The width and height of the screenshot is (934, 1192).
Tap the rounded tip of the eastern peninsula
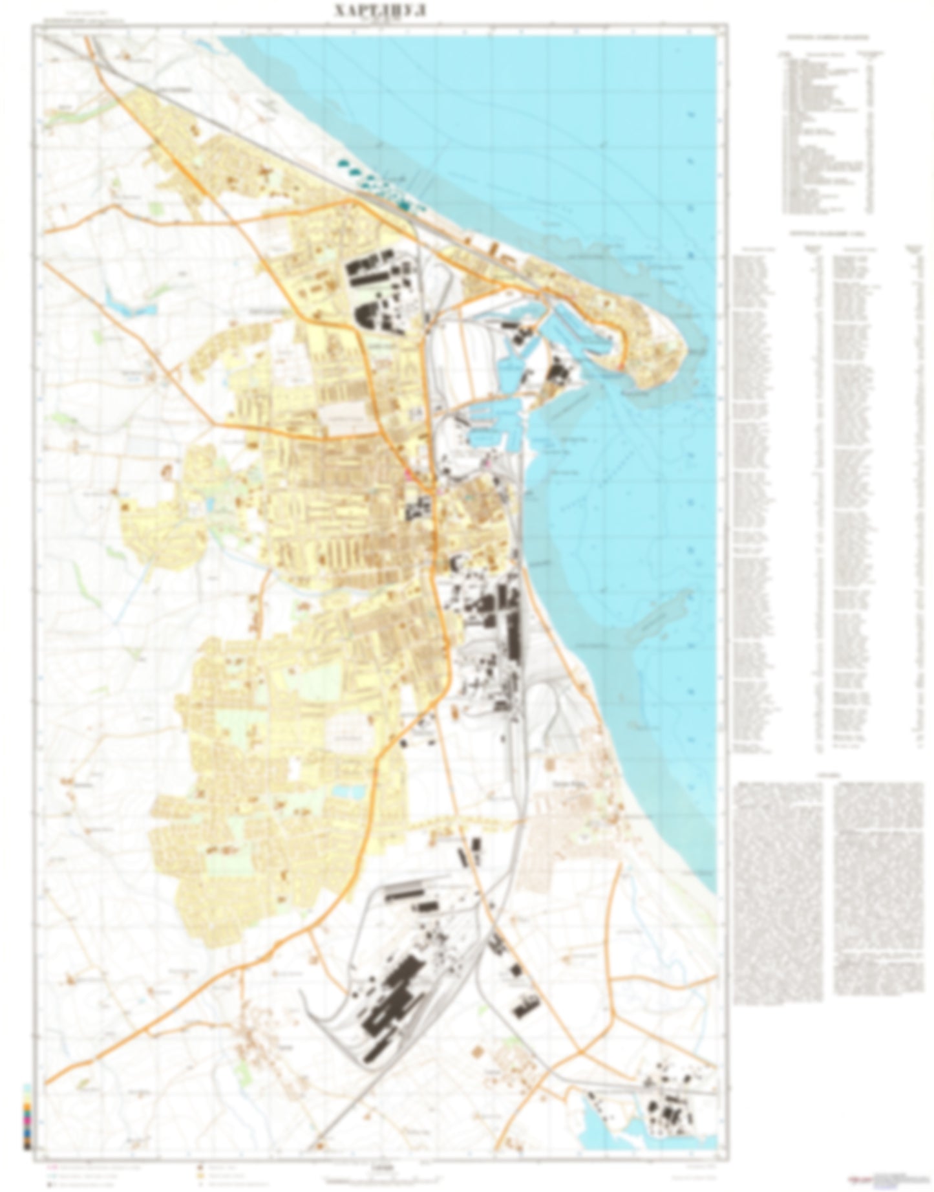tap(672, 362)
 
